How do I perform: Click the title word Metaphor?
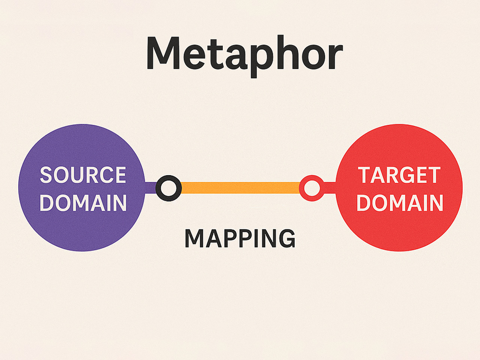[x=244, y=54]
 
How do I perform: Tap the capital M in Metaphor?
[x=166, y=53]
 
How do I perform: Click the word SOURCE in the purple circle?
[x=83, y=175]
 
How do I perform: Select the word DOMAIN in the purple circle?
[x=83, y=203]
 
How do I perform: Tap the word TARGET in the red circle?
[x=399, y=176]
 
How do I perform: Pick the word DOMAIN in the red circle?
[x=399, y=203]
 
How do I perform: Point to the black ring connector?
[x=168, y=188]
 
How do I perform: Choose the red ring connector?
[x=312, y=188]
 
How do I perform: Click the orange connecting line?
[x=240, y=188]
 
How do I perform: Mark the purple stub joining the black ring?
[x=151, y=188]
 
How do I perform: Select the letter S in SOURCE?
[x=46, y=175]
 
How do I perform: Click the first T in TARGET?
[x=365, y=176]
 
